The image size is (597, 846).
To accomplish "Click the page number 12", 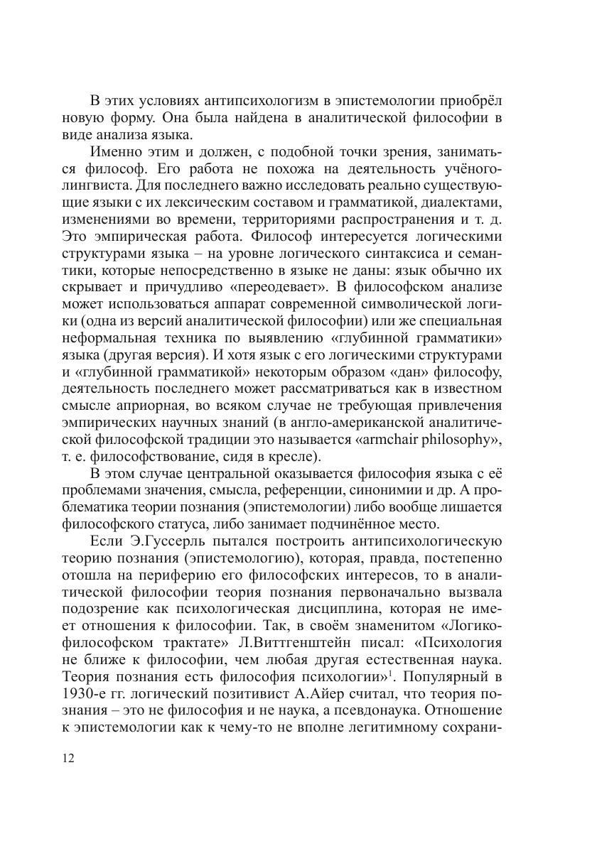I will [69, 757].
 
